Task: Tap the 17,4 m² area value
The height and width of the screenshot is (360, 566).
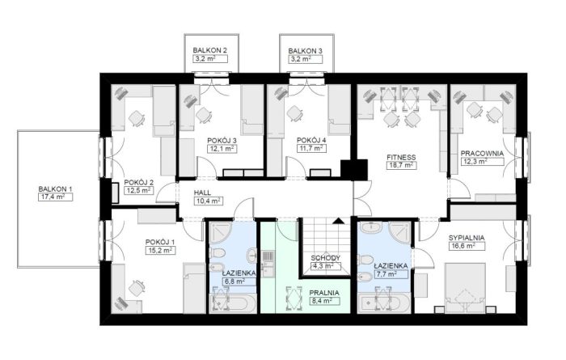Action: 55,197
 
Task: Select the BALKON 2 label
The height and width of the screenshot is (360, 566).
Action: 209,50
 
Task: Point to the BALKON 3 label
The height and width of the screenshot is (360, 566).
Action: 305,51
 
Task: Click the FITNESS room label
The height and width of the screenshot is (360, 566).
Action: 401,158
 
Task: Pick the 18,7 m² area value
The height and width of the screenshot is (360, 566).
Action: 401,165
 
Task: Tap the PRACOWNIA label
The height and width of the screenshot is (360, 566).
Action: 482,153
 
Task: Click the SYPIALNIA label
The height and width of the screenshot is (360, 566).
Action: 467,238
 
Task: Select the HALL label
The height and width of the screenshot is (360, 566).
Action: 202,193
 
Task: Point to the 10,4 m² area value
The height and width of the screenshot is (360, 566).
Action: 208,201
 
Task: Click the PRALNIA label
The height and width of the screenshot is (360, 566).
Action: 324,293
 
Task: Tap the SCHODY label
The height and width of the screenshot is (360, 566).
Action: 326,258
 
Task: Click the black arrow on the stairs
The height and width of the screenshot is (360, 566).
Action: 339,221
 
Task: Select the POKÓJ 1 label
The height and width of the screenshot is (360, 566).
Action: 160,242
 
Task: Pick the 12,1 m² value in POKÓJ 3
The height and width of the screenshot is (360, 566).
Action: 222,148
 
